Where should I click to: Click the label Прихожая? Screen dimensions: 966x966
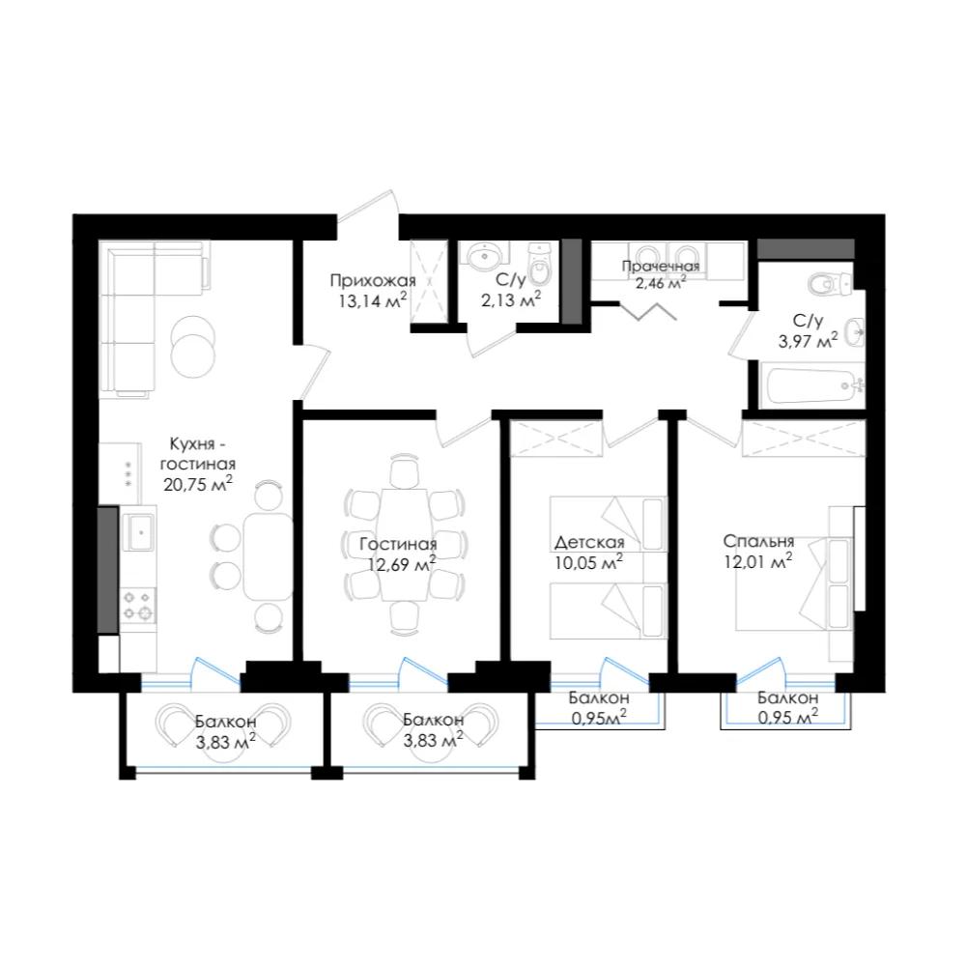click(x=373, y=281)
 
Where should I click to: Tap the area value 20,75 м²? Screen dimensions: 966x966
click(x=198, y=484)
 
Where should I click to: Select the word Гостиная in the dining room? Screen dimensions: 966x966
click(x=399, y=544)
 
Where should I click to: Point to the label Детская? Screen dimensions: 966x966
click(x=589, y=542)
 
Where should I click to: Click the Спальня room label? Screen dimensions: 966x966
click(x=758, y=541)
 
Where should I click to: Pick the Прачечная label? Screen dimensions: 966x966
click(x=661, y=267)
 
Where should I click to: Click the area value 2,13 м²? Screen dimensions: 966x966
click(x=511, y=299)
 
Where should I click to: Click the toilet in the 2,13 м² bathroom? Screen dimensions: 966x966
click(x=540, y=262)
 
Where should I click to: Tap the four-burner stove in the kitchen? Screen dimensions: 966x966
click(x=138, y=605)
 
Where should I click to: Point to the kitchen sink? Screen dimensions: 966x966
click(x=138, y=531)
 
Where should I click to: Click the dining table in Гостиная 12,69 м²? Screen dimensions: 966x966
click(x=404, y=544)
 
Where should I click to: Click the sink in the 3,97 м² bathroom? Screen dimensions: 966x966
click(x=855, y=333)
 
